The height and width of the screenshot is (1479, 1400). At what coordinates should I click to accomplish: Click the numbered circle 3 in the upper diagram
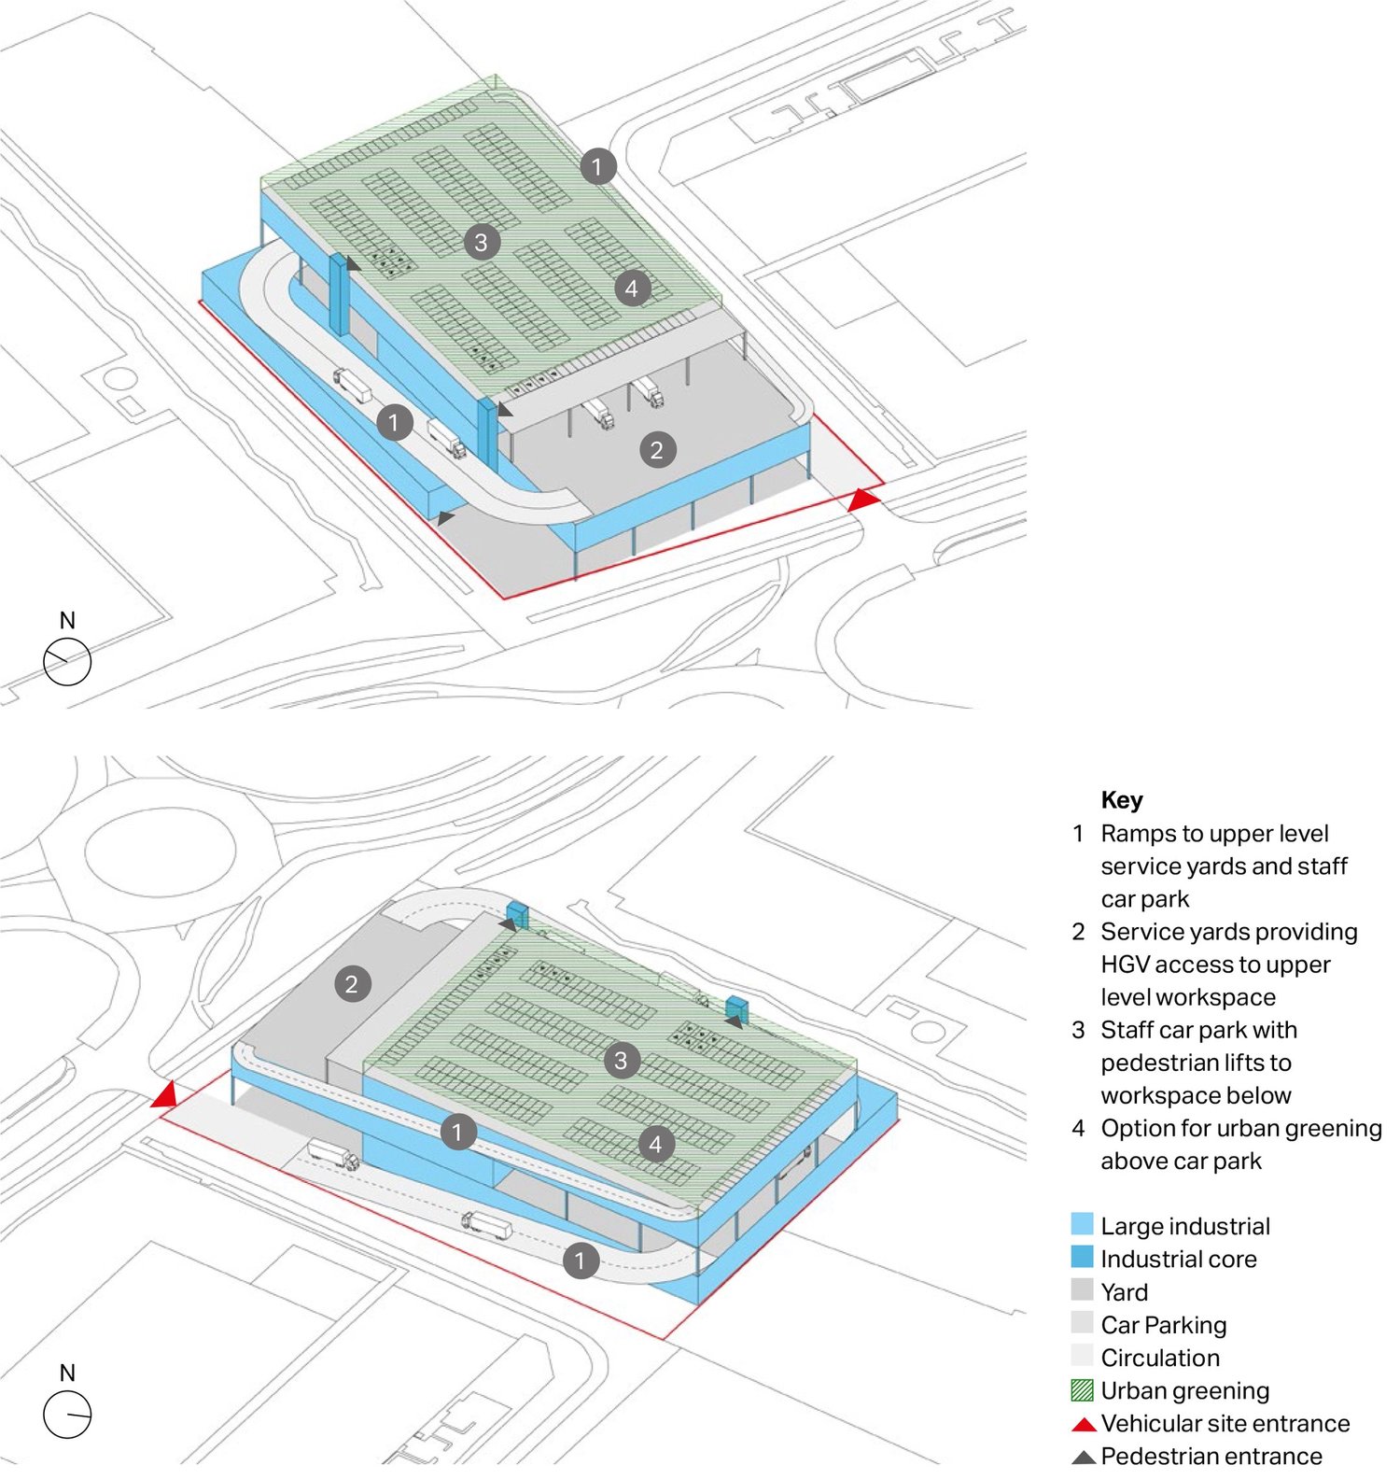[x=481, y=243]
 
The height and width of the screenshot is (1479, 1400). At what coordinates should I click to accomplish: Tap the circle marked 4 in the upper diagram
[x=632, y=289]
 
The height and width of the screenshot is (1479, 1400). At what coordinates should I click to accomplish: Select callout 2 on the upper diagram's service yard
[x=657, y=450]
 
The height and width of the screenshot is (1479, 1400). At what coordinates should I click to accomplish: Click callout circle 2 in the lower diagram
[x=352, y=983]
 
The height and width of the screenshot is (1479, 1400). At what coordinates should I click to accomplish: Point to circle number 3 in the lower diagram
[x=621, y=1061]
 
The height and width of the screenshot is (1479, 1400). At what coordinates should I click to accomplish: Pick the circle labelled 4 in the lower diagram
[x=655, y=1144]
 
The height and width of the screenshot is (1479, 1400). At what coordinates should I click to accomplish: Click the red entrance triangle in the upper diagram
[x=863, y=500]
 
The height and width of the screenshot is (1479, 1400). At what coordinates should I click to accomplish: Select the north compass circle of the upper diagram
[x=67, y=661]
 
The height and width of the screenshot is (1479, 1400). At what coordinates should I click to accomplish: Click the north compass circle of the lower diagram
[x=67, y=1414]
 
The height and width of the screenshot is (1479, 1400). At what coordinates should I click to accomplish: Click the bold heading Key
[x=1121, y=800]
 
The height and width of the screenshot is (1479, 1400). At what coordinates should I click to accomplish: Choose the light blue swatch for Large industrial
[x=1082, y=1224]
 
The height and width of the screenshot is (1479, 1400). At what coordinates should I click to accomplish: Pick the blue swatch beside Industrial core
[x=1082, y=1257]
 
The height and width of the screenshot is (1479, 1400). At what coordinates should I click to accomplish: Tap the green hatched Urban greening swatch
[x=1082, y=1390]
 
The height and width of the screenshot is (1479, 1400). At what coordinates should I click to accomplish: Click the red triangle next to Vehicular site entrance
[x=1083, y=1425]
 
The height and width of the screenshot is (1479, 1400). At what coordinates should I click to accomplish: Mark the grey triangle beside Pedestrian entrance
[x=1083, y=1458]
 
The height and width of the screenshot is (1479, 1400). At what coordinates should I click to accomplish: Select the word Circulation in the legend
[x=1160, y=1358]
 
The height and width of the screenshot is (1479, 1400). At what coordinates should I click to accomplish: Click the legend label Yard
[x=1125, y=1292]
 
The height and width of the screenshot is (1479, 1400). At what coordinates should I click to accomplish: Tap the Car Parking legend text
[x=1164, y=1325]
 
